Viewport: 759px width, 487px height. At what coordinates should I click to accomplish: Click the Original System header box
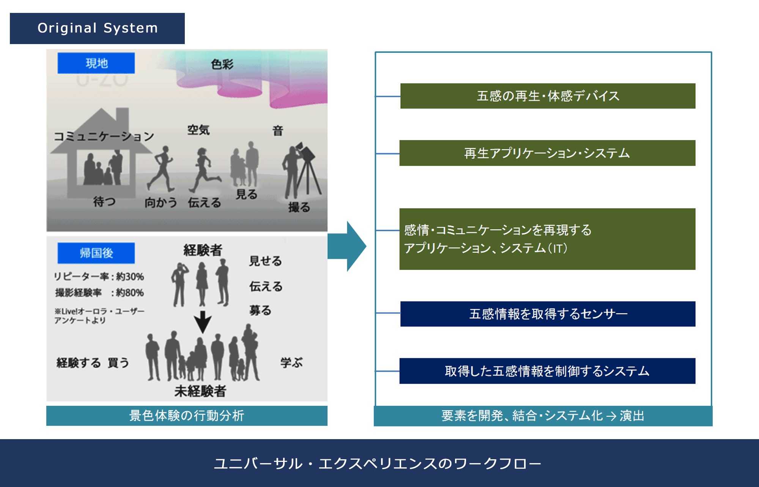[97, 28]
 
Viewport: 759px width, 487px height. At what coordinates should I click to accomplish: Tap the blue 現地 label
[96, 63]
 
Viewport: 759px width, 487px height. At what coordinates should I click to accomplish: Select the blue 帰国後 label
[96, 253]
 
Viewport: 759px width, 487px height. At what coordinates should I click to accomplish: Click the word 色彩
[222, 64]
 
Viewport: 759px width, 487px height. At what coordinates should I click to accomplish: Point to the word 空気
[198, 130]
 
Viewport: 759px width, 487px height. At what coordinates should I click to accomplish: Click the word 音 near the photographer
[278, 131]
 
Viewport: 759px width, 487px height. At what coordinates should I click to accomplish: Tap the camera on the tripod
[307, 152]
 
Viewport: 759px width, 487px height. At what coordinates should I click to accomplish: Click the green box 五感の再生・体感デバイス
[548, 96]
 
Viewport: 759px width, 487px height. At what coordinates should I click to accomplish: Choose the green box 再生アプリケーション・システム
[547, 153]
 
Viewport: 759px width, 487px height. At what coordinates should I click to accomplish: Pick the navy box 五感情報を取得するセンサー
[548, 314]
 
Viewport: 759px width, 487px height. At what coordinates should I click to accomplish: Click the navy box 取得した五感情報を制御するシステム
[547, 371]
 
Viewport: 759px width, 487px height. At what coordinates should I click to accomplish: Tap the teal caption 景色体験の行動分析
[187, 416]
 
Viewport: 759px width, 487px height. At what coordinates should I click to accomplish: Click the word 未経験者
[200, 391]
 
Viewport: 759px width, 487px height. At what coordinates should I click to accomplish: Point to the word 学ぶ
[291, 363]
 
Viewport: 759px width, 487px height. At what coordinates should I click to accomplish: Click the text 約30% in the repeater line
[130, 277]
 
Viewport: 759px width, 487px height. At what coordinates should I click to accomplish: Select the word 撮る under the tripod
[299, 207]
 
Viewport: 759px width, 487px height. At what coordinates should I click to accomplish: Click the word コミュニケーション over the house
[104, 136]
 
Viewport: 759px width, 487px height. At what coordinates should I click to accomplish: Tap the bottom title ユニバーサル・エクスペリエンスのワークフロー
[378, 463]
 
